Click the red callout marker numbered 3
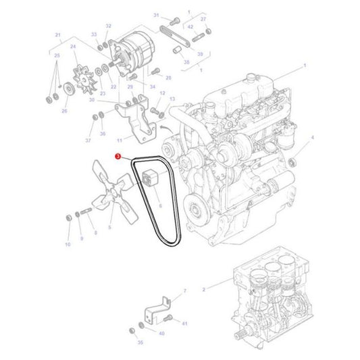[x=119, y=156]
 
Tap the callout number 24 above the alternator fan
[x=73, y=47]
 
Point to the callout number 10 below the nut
[x=68, y=244]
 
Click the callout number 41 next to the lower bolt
[x=184, y=324]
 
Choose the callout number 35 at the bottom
[x=140, y=342]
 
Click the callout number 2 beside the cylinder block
[x=203, y=289]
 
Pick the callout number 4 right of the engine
[x=313, y=137]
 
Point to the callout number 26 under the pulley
[x=65, y=111]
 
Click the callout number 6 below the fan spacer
[x=160, y=205]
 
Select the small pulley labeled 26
[x=68, y=90]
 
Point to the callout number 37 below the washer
[x=88, y=140]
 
